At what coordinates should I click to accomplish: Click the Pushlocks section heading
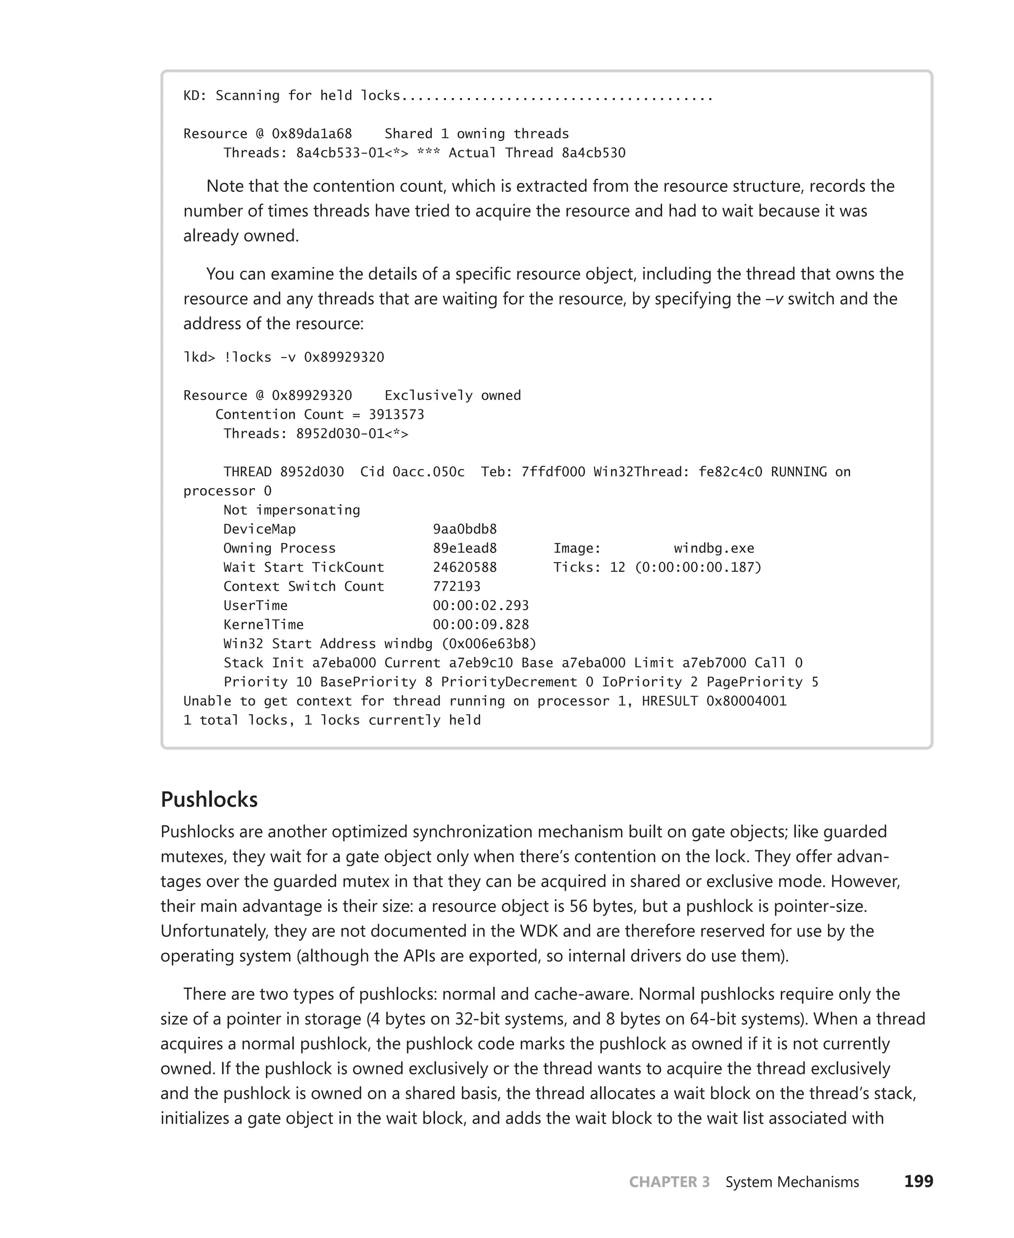click(x=209, y=799)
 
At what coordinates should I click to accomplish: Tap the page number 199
click(x=918, y=1182)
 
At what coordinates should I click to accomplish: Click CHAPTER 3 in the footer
click(x=669, y=1182)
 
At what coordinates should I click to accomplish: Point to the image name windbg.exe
click(x=714, y=548)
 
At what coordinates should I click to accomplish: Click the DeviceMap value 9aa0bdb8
click(x=464, y=529)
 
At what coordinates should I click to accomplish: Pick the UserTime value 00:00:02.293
click(x=480, y=605)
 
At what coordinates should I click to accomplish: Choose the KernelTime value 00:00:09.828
click(x=480, y=624)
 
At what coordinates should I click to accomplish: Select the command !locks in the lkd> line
click(x=248, y=357)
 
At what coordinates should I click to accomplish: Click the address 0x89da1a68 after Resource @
click(x=311, y=134)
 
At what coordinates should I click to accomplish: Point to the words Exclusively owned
click(x=452, y=396)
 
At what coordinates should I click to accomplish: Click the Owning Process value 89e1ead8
click(x=464, y=548)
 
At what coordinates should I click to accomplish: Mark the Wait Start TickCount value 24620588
click(x=464, y=567)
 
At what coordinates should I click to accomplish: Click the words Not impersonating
click(x=292, y=510)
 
